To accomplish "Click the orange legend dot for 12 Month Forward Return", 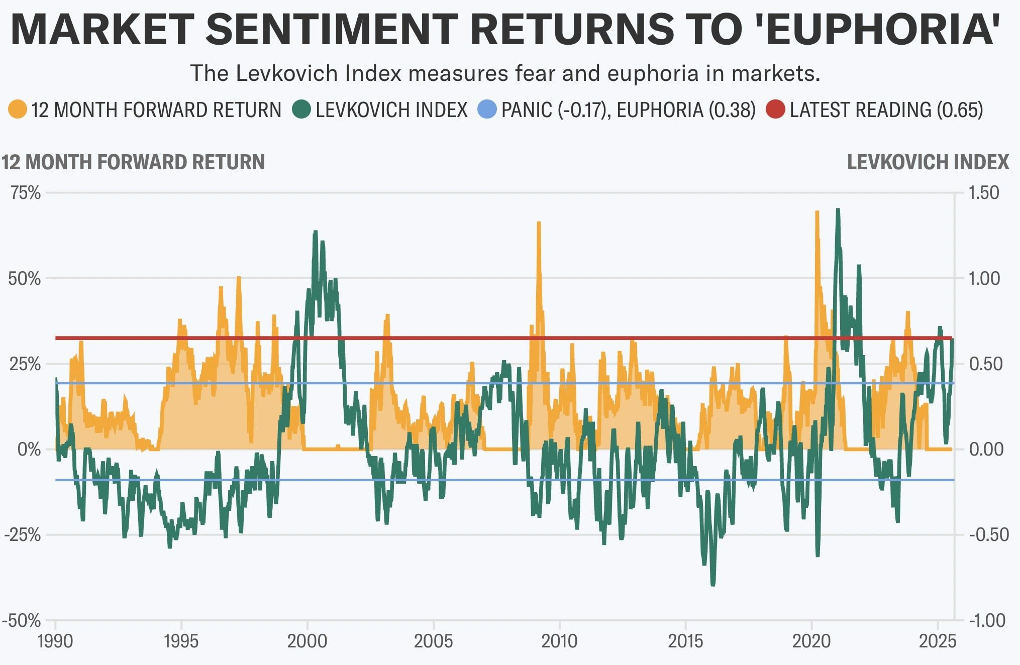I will [x=18, y=109].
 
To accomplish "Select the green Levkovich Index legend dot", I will [x=301, y=109].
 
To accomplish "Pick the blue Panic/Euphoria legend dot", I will [x=486, y=109].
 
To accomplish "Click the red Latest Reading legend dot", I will [x=775, y=109].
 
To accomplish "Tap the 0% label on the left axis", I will [x=29, y=449].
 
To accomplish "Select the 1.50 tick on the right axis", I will [x=984, y=193].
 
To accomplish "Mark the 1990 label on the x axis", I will [x=55, y=641].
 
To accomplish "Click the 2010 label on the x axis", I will [x=559, y=641].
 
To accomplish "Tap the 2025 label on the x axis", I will [x=938, y=641].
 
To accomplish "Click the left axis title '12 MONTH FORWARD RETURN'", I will [x=133, y=162].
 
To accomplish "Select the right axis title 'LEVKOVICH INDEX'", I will [x=928, y=162].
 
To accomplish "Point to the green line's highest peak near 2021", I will [x=838, y=209].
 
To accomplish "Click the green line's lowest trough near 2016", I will [x=713, y=584].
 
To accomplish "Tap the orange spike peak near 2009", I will [x=539, y=223].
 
